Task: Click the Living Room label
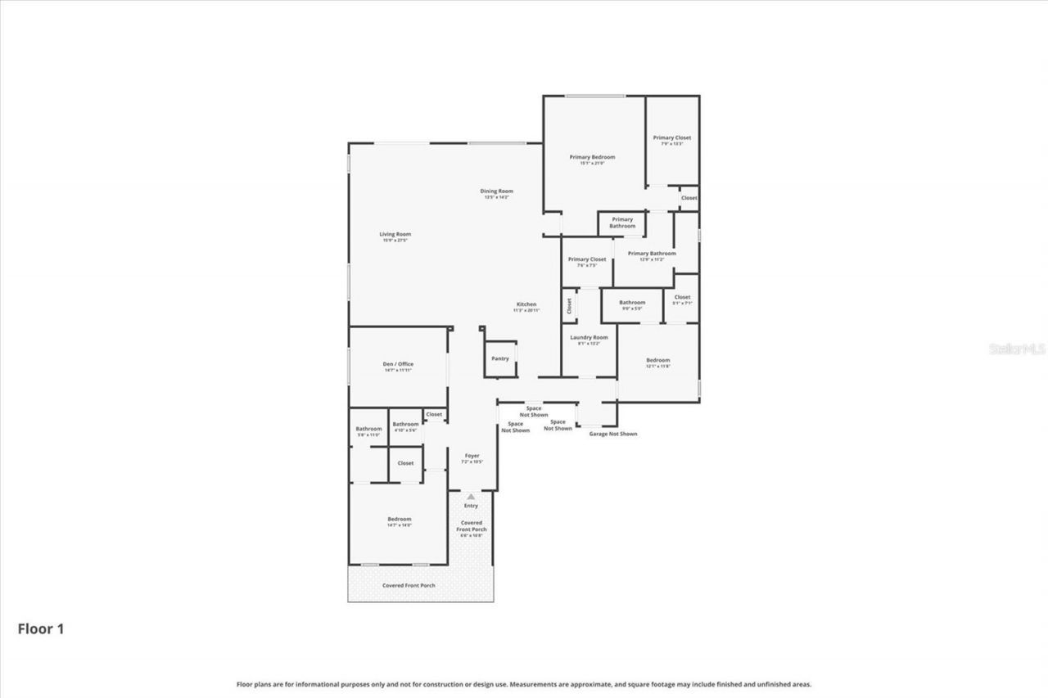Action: point(395,235)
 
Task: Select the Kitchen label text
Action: point(526,305)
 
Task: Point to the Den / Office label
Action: point(399,365)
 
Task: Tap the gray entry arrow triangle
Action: point(471,496)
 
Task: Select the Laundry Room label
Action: point(589,338)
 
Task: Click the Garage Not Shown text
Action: point(612,434)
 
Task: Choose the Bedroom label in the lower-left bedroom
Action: point(399,520)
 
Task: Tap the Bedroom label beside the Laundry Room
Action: point(657,361)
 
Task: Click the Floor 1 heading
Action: point(41,628)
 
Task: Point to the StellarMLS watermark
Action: point(1017,349)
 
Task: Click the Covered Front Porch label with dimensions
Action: point(472,526)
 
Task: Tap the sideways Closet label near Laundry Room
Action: point(569,306)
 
